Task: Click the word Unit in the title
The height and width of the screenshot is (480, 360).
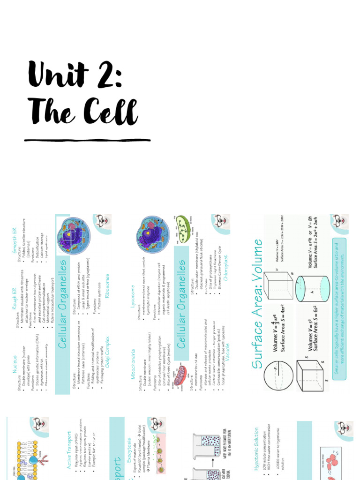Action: coord(58,75)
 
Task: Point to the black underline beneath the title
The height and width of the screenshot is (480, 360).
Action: coord(88,140)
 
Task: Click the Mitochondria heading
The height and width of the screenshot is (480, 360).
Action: coord(134,363)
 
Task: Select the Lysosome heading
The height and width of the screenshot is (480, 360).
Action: coord(134,300)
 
